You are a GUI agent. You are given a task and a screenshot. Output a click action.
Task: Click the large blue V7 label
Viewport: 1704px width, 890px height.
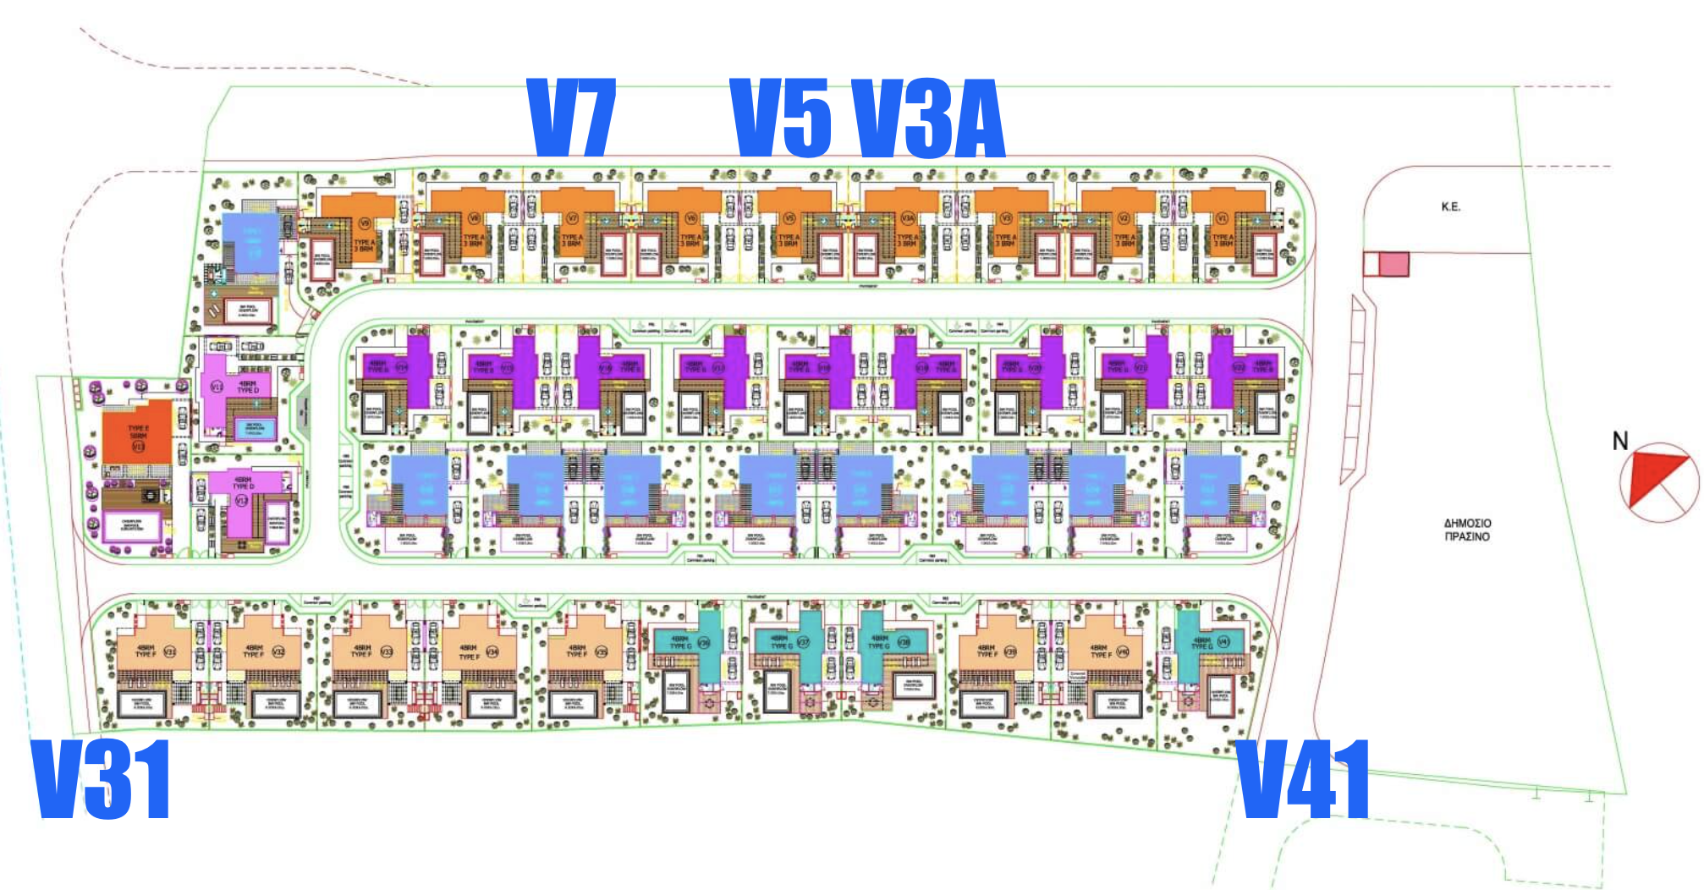tap(571, 118)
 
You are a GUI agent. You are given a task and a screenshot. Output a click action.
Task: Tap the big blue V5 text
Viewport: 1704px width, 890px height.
tap(781, 118)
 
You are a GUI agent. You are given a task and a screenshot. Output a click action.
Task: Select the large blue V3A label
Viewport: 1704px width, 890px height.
tap(927, 118)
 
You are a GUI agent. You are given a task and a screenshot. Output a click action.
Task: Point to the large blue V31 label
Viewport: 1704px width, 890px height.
tap(102, 779)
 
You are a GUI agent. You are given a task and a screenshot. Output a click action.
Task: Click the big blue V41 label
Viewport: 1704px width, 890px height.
tap(1303, 779)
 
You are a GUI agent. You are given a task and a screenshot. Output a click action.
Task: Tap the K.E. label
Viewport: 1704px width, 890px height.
tap(1451, 206)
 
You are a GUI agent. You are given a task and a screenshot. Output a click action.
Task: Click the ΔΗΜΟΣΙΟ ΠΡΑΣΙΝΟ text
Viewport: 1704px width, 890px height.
tap(1467, 530)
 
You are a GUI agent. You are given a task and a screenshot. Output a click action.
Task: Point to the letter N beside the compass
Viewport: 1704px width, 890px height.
tap(1619, 441)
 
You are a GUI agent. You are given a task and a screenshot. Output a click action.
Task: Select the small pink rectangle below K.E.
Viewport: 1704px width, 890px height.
tap(1393, 265)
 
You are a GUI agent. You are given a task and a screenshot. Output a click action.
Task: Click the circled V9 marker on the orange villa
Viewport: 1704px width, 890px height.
tap(365, 223)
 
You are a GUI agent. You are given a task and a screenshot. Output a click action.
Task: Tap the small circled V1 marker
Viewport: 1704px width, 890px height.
tap(1221, 218)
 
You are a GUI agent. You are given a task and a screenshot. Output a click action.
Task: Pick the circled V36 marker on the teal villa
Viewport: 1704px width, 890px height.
tap(704, 643)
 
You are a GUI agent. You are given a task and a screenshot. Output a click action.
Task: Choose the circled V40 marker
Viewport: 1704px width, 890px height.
tap(1123, 651)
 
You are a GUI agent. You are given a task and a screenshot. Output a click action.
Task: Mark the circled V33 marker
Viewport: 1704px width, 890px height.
tap(387, 651)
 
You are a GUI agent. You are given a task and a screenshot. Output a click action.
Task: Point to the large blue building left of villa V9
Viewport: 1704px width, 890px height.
tap(250, 243)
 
